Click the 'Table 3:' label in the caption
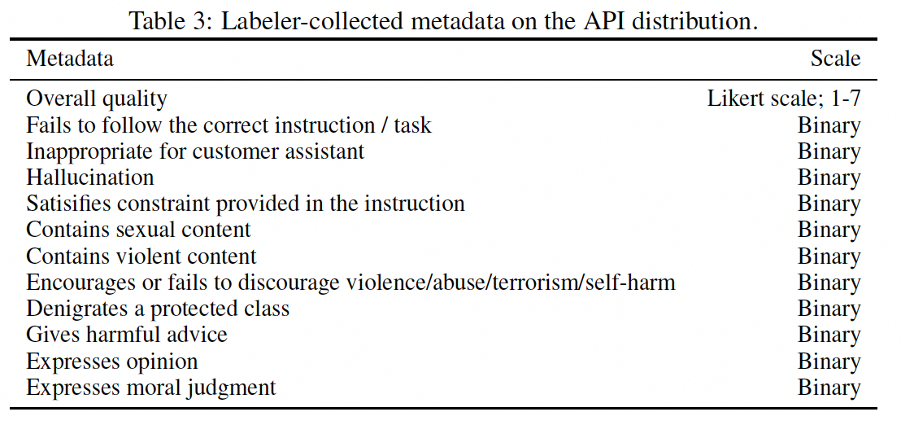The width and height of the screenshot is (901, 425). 167,21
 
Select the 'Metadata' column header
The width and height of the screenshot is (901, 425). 70,59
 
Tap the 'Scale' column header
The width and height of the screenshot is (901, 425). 835,59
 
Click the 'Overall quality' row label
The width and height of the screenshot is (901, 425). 97,99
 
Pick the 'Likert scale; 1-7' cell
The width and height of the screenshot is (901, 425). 784,99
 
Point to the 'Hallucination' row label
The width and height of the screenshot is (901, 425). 90,177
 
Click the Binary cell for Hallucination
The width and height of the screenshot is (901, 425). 829,177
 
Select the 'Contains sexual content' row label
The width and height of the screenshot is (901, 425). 138,230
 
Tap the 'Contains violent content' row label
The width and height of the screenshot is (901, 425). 141,256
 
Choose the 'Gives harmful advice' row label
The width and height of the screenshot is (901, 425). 127,335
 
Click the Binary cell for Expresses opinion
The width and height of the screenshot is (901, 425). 829,361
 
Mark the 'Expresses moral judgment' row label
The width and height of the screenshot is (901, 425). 151,388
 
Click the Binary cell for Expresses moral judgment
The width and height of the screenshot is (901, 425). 829,388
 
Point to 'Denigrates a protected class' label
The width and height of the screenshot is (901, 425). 158,309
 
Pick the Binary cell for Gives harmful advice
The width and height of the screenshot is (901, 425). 829,335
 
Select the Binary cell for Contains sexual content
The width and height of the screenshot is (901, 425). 829,230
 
